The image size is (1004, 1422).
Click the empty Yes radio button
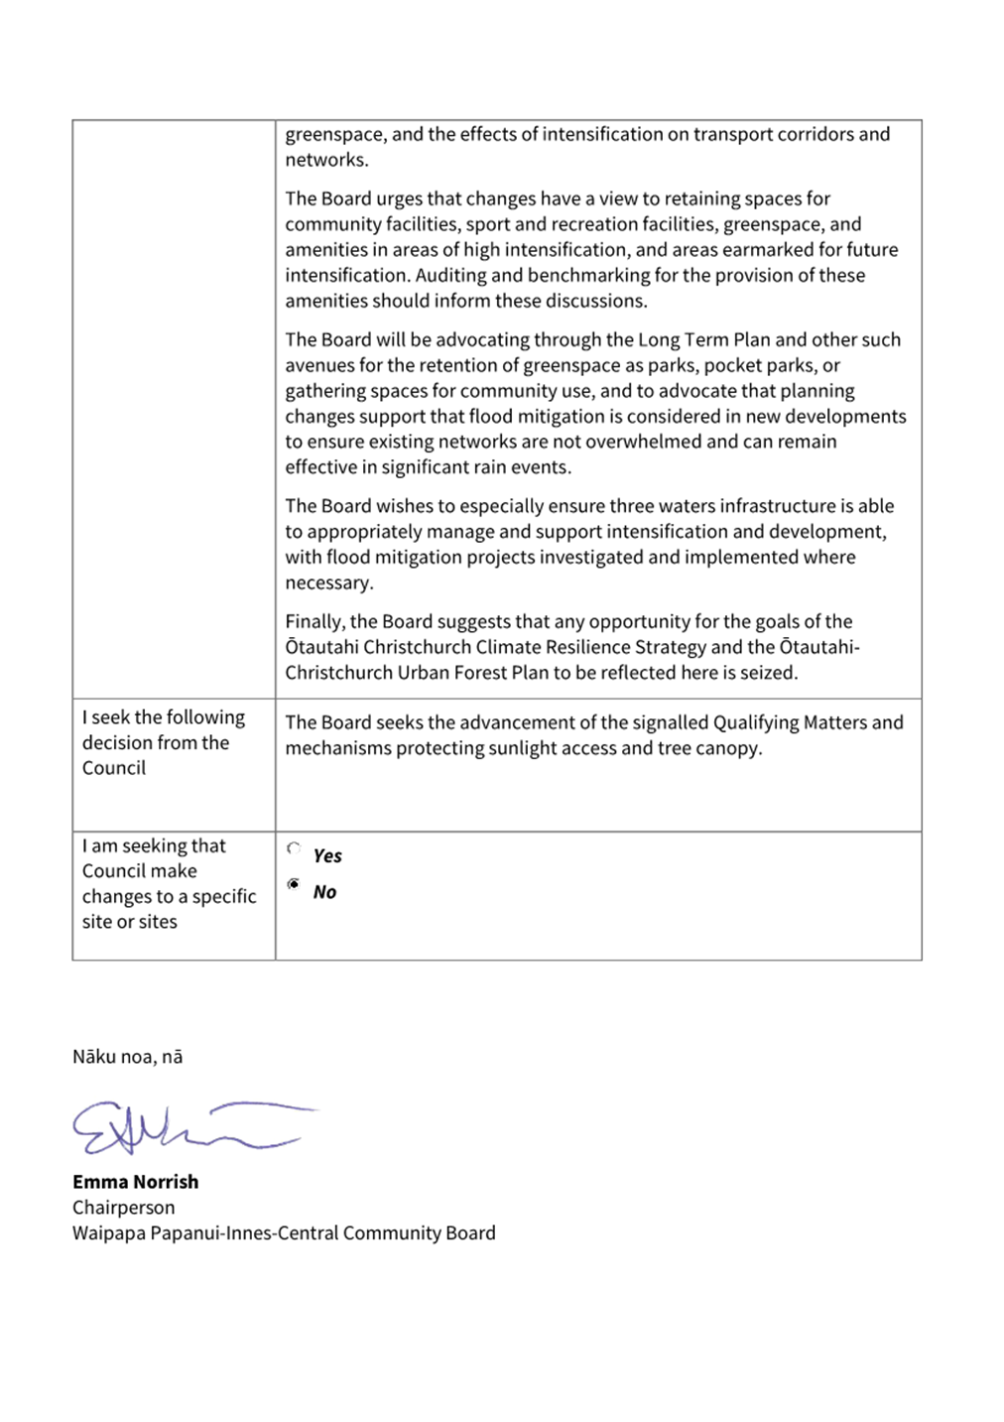click(294, 848)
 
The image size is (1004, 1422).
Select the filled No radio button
click(294, 884)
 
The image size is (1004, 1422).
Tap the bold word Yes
click(327, 856)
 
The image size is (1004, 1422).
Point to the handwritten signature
click(188, 1127)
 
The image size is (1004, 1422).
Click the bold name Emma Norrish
click(135, 1182)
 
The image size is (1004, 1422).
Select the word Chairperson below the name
click(123, 1208)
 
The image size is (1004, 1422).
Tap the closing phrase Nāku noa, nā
click(127, 1057)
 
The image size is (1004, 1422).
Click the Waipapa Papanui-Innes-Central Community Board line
click(284, 1233)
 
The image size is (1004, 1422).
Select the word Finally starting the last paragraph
click(314, 622)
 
